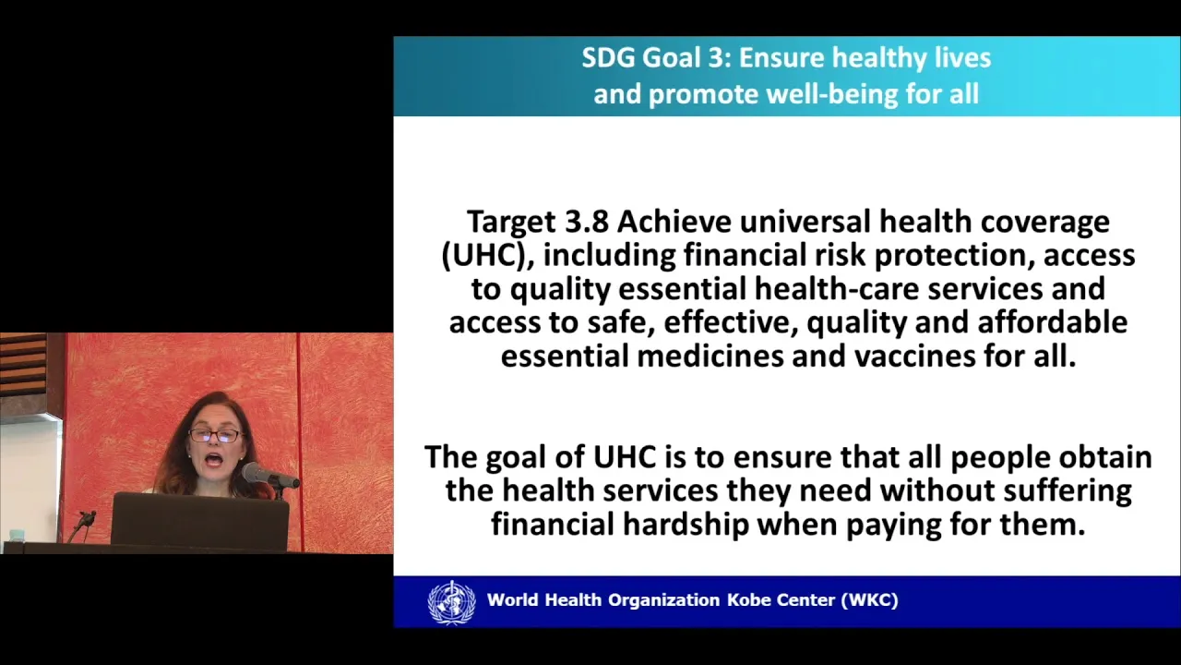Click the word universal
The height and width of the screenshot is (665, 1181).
[805, 222]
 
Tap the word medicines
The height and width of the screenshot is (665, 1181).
[710, 357]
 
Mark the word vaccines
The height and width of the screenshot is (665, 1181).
[914, 357]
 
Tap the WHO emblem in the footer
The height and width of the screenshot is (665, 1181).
[452, 602]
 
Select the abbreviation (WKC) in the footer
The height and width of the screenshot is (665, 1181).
[870, 600]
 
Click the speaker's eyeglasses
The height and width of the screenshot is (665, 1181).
[215, 436]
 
